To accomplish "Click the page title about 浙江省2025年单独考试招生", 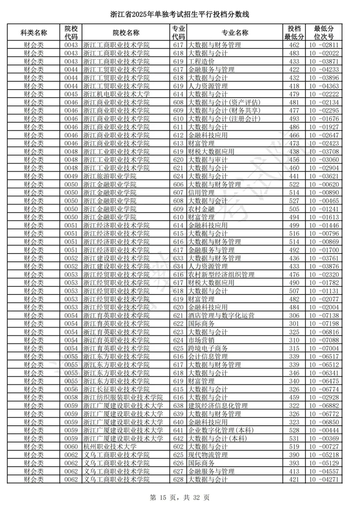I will pos(180,15).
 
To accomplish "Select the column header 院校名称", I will pos(126,32).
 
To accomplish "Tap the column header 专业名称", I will pos(234,32).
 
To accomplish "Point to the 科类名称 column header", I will pos(34,32).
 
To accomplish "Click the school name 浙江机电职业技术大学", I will pos(116,94).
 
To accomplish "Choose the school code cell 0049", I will pos(71,176).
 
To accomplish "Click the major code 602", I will pos(178,446).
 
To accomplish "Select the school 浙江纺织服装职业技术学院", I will pos(123,397).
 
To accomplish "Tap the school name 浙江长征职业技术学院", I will pos(116,389).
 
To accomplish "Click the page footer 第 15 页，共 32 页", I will pos(180,497).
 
